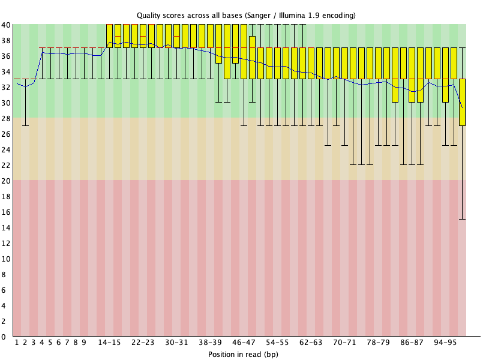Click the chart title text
click(x=246, y=16)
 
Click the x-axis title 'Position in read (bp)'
click(x=243, y=354)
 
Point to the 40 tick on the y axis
click(x=6, y=25)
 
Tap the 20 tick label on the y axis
click(x=6, y=181)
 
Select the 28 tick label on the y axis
click(x=6, y=118)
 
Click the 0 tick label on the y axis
click(x=4, y=337)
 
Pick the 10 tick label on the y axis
click(x=6, y=259)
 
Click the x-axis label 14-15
click(x=109, y=343)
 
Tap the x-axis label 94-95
click(x=445, y=343)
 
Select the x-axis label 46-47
click(x=244, y=343)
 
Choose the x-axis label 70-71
click(x=344, y=343)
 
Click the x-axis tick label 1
click(x=17, y=343)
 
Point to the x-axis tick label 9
click(x=83, y=343)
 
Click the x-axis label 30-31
click(x=176, y=343)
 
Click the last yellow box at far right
click(x=462, y=103)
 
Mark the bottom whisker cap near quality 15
click(x=462, y=219)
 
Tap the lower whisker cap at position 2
click(x=25, y=125)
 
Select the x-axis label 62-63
click(x=311, y=343)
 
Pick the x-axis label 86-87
click(x=412, y=343)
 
